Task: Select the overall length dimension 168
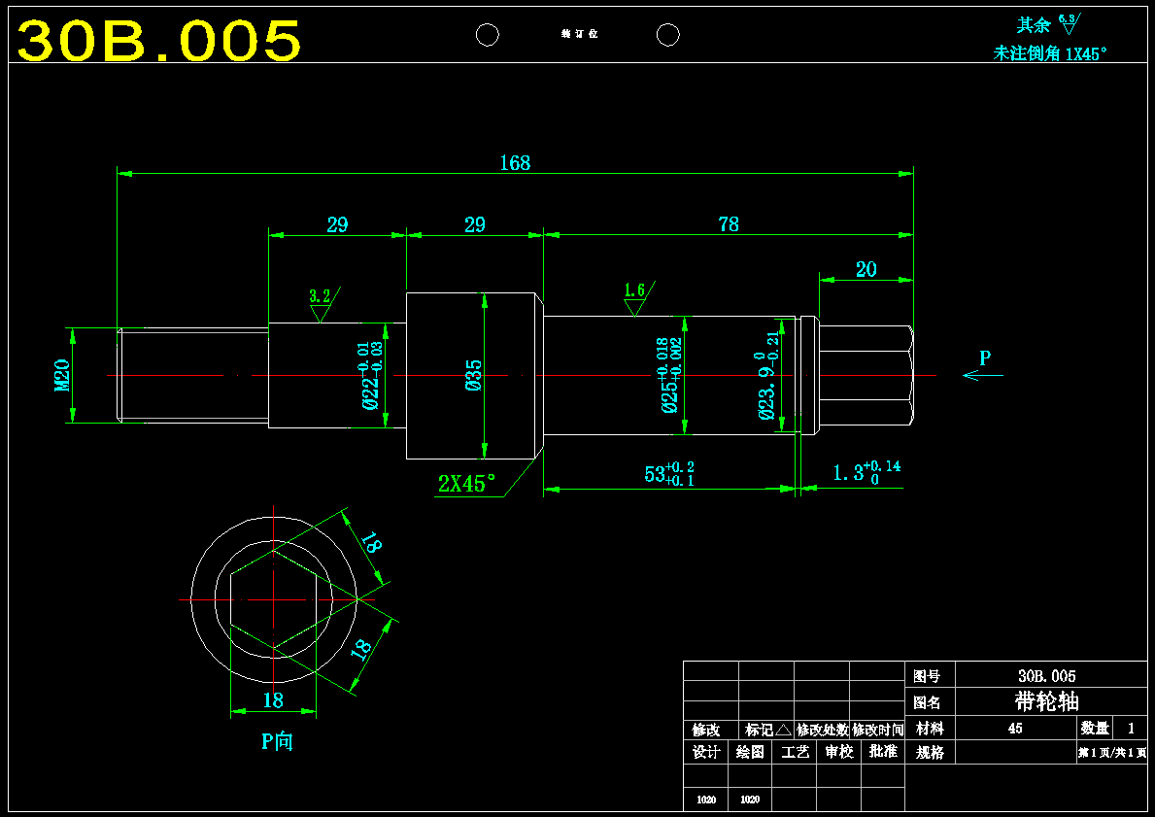click(x=515, y=162)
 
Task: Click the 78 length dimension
click(x=728, y=223)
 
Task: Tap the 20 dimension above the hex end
click(x=866, y=269)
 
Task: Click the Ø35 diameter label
click(x=473, y=375)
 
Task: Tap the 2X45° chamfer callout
click(x=466, y=483)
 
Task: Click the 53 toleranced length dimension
click(x=668, y=473)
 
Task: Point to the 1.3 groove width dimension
click(x=866, y=472)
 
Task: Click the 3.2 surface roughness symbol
click(x=320, y=304)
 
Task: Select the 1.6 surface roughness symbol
click(x=634, y=297)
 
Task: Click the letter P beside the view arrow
click(x=985, y=357)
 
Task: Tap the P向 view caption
click(x=277, y=741)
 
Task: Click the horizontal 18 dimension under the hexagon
click(x=273, y=699)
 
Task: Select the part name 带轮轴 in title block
click(x=1046, y=701)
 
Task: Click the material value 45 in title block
click(x=1015, y=728)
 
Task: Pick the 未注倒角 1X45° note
click(x=1050, y=53)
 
